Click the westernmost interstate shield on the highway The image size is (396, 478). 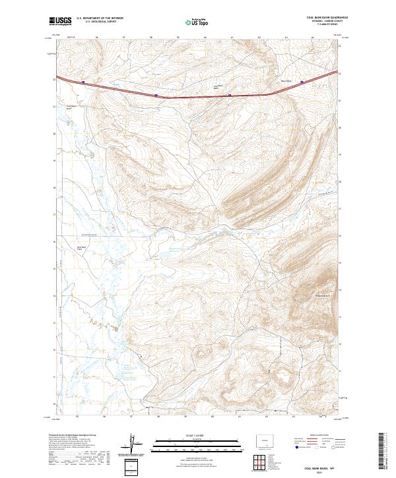(x=84, y=82)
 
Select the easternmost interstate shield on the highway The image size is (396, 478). (x=302, y=82)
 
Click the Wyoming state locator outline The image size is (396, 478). (x=263, y=440)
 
